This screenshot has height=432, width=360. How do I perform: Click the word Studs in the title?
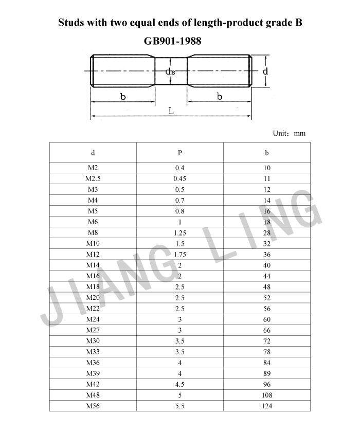click(73, 23)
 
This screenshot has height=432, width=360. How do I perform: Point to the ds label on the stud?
click(170, 73)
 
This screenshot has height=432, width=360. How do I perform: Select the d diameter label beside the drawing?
click(265, 71)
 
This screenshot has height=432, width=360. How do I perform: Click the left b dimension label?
click(123, 97)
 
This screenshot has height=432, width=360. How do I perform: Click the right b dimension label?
click(220, 97)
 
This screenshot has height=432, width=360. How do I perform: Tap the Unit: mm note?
click(289, 133)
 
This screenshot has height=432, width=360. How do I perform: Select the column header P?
click(180, 153)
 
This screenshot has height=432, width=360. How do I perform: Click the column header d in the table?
click(93, 153)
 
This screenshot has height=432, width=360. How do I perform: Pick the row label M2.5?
click(93, 178)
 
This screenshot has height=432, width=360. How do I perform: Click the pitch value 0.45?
click(180, 178)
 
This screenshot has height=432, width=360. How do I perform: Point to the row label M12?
click(93, 254)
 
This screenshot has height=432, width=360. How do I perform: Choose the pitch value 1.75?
click(180, 254)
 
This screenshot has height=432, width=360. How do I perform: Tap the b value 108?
click(267, 395)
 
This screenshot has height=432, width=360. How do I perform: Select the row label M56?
click(93, 406)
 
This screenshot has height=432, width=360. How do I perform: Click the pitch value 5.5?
click(180, 406)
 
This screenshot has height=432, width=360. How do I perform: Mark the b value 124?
click(267, 406)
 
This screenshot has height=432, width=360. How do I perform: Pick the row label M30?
click(93, 341)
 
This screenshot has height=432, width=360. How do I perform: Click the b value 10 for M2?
click(267, 168)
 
